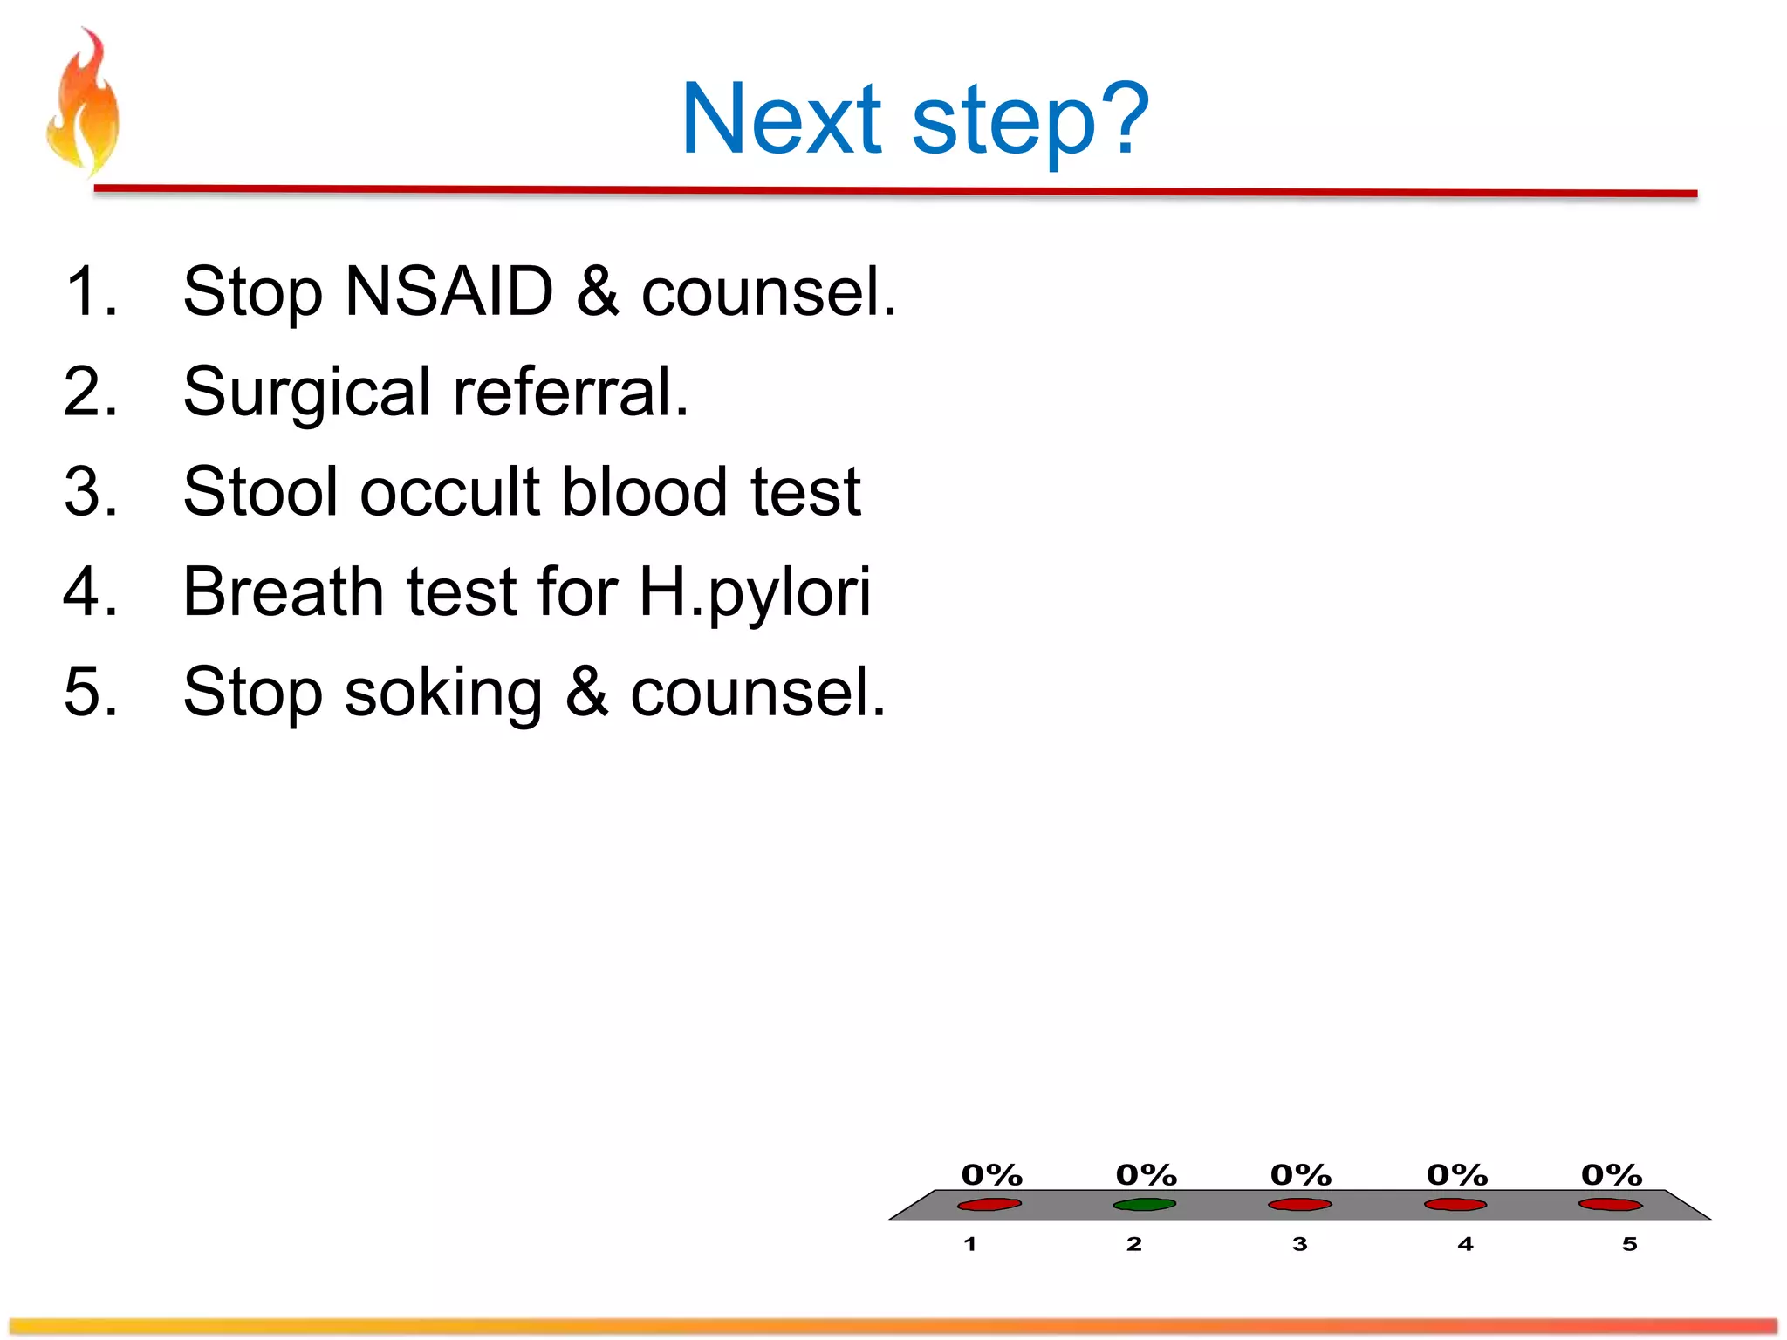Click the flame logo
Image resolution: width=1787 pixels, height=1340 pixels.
tap(83, 103)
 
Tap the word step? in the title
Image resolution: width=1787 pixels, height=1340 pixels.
tap(1030, 122)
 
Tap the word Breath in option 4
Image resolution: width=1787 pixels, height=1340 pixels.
tap(284, 592)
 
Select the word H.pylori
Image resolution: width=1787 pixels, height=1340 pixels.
tap(755, 594)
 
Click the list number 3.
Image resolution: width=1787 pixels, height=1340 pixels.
tap(89, 492)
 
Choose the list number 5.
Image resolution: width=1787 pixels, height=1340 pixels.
tap(89, 693)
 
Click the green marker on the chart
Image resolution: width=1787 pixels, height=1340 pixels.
tap(1144, 1205)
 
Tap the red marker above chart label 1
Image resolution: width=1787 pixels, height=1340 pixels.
tap(989, 1205)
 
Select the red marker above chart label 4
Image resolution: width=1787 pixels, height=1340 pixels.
tap(1455, 1205)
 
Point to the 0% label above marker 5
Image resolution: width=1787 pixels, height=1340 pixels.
tap(1612, 1175)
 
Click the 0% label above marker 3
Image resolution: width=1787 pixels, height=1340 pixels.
tap(1301, 1175)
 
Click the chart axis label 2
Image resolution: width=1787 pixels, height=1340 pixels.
tap(1133, 1244)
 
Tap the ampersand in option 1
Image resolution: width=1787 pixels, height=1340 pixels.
tap(597, 291)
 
